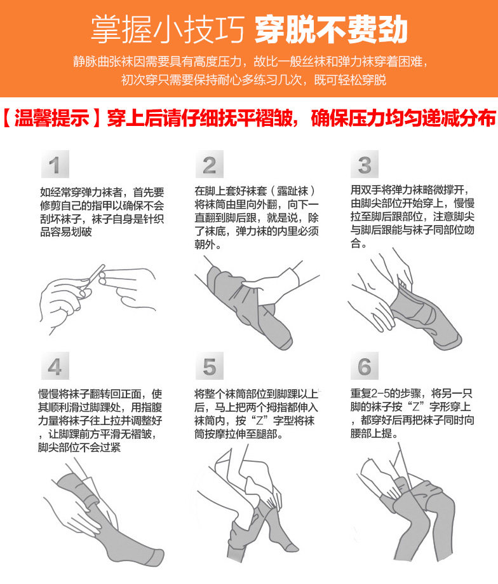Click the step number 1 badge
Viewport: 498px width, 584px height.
coord(55,164)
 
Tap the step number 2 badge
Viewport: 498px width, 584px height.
coord(210,164)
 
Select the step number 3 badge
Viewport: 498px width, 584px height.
coord(365,164)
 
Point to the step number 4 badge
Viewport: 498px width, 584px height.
coord(55,366)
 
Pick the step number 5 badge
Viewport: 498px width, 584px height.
coord(210,366)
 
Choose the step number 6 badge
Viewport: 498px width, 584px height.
coord(365,366)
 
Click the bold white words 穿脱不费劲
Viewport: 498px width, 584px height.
coord(331,30)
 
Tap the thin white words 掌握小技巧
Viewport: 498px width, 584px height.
coord(168,30)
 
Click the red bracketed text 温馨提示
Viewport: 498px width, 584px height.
coord(51,118)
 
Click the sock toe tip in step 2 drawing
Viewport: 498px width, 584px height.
coord(286,344)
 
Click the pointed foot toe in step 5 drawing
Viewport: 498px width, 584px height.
coord(294,548)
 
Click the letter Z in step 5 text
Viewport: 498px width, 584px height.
coord(259,421)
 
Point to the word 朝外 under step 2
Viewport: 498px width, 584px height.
coord(205,244)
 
